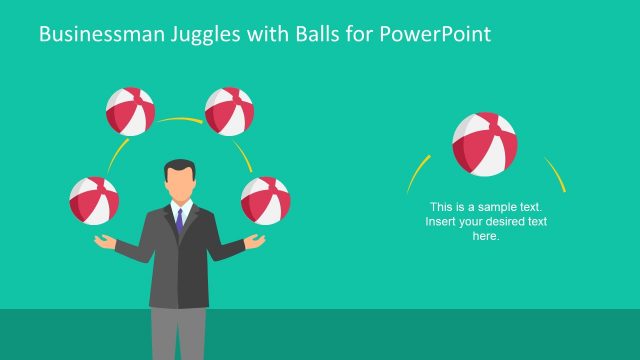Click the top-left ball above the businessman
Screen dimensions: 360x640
131,111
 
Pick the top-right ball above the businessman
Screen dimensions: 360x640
229,111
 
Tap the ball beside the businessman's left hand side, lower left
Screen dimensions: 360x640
94,200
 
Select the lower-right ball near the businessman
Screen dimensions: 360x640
265,200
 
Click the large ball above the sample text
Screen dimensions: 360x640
485,144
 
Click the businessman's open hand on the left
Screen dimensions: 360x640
106,240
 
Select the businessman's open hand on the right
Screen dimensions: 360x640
255,241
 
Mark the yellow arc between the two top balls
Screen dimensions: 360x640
180,120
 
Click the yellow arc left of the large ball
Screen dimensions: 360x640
418,172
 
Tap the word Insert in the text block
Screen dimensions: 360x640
441,221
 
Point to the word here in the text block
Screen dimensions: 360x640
485,236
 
